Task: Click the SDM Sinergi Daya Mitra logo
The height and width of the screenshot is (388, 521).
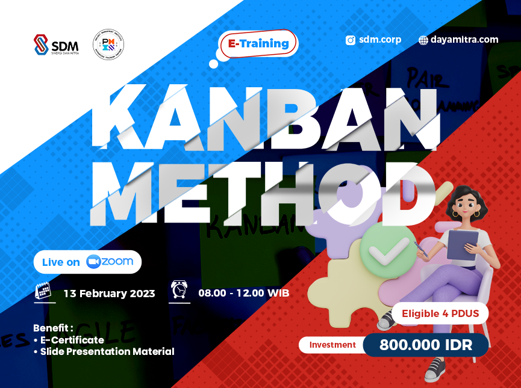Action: [56, 45]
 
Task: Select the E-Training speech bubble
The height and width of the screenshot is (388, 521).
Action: [260, 43]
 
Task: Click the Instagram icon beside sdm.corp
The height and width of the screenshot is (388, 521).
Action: [350, 40]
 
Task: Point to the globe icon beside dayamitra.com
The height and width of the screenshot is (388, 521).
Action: [423, 40]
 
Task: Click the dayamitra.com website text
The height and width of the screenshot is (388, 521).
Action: [464, 40]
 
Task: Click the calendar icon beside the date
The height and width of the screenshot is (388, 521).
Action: [43, 291]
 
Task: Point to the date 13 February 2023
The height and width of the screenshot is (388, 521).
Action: [109, 294]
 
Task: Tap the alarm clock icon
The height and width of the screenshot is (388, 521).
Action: [179, 290]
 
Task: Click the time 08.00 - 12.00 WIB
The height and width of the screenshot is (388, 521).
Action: [243, 293]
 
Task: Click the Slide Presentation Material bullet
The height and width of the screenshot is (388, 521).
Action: [107, 351]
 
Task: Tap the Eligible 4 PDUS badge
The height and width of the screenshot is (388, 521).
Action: [440, 313]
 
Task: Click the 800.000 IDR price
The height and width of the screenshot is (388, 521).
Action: [425, 345]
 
